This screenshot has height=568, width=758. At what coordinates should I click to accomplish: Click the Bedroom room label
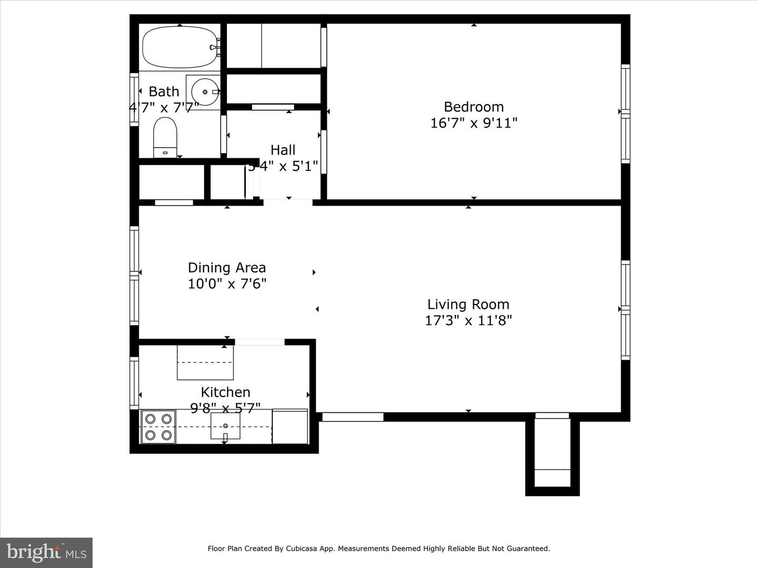tap(474, 107)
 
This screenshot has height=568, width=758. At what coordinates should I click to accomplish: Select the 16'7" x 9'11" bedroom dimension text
tap(474, 123)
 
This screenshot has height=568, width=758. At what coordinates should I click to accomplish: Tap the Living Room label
tap(468, 305)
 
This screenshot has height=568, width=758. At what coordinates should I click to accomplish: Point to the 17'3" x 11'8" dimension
tap(468, 320)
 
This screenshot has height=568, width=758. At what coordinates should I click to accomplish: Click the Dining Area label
tap(227, 268)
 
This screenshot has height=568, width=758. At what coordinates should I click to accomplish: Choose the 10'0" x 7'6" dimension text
tap(227, 284)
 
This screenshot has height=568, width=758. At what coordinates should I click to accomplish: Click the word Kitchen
tap(225, 392)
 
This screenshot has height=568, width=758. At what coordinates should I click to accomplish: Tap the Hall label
tap(283, 150)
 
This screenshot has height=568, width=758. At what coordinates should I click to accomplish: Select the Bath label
tap(164, 92)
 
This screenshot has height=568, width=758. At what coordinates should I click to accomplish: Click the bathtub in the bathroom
tap(179, 47)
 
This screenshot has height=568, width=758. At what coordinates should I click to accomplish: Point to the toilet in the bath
tap(165, 137)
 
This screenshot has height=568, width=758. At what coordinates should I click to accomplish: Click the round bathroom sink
tap(204, 92)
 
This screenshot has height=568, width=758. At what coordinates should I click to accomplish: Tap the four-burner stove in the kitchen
tap(158, 427)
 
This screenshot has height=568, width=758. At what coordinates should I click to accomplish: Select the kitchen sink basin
tap(225, 426)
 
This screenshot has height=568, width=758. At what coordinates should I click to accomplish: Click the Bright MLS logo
tap(46, 552)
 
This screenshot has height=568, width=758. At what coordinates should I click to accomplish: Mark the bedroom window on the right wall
tap(625, 113)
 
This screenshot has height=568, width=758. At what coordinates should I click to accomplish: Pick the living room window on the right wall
tap(625, 310)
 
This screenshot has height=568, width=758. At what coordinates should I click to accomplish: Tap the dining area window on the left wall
tap(134, 275)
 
